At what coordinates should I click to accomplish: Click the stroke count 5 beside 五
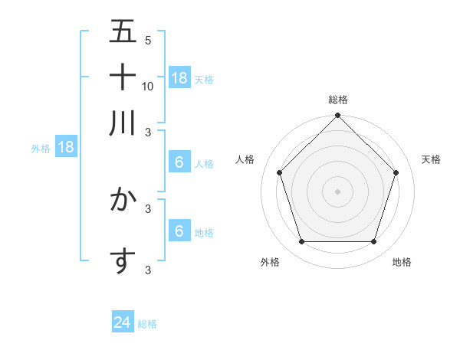(148, 40)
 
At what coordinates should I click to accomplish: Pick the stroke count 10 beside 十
(148, 86)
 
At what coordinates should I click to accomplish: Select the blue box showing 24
(123, 323)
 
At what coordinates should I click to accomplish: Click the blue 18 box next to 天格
(179, 77)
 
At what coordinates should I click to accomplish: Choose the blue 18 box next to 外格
(66, 148)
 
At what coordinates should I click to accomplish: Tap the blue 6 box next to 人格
(179, 162)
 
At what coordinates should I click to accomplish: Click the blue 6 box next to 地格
(179, 231)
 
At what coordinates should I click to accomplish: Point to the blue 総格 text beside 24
(147, 324)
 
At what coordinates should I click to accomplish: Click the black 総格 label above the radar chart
(337, 100)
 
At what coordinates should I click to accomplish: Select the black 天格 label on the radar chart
(432, 159)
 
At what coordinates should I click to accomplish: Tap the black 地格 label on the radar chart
(402, 262)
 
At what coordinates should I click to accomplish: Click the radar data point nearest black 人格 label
(279, 172)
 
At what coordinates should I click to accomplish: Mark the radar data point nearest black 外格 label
(301, 242)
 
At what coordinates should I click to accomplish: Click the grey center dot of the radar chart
(337, 191)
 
